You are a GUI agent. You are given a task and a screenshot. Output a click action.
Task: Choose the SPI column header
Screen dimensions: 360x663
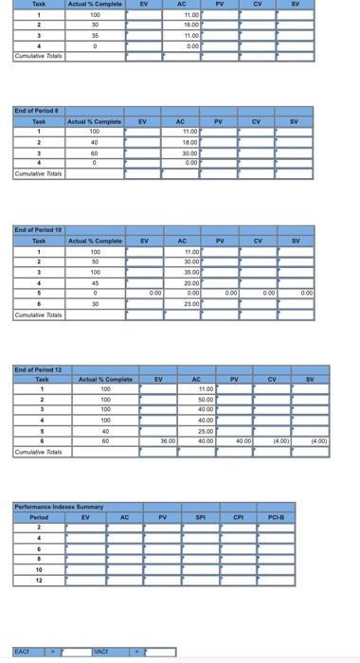(x=200, y=518)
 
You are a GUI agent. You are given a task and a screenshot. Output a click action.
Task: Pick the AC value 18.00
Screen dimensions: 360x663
(x=189, y=141)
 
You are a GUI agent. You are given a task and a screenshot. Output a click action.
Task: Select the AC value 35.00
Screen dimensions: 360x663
(x=191, y=270)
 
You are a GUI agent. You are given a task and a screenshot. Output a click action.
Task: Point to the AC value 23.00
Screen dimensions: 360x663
(x=191, y=304)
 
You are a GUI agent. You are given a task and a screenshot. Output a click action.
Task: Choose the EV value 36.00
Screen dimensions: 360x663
(x=168, y=440)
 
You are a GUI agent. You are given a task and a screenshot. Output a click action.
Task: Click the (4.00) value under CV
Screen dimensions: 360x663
(x=282, y=440)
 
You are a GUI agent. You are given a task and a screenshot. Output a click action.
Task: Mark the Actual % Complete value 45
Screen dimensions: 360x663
(x=95, y=282)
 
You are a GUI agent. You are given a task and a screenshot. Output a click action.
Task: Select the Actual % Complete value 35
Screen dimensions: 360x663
(x=95, y=35)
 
